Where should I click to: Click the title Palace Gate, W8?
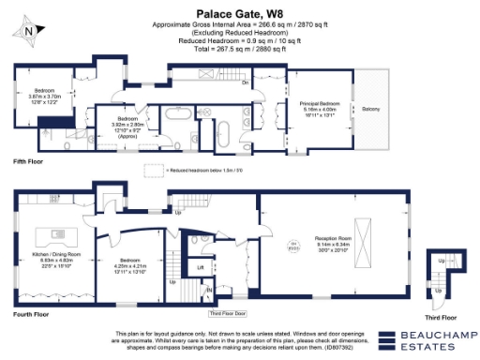pyautogui.click(x=240, y=13)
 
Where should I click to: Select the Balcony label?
pyautogui.click(x=371, y=110)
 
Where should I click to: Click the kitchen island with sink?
pyautogui.click(x=51, y=233)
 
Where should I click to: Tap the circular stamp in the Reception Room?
pyautogui.click(x=292, y=247)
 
